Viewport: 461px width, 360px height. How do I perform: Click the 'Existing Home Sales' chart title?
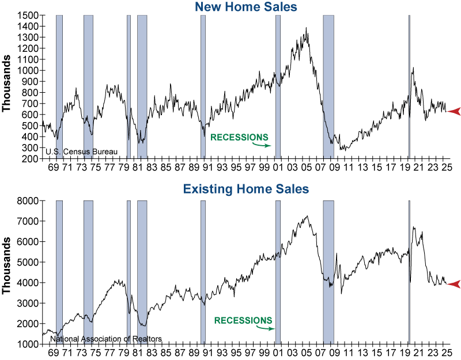coord(245,188)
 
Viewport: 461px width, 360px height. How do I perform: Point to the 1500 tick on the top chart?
coord(28,16)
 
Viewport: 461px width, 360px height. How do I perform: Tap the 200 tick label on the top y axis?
coord(31,158)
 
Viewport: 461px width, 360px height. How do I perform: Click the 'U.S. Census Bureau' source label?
coord(81,152)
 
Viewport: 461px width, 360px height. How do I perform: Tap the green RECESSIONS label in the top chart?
coord(239,137)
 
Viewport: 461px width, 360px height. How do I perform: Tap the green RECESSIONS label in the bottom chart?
coord(243,320)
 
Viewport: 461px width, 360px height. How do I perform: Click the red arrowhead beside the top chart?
coord(454,111)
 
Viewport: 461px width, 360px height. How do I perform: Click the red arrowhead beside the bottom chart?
coord(454,283)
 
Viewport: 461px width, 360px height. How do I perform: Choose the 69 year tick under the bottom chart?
coord(54,352)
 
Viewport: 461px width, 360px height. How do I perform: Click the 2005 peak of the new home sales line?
coord(306,28)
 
